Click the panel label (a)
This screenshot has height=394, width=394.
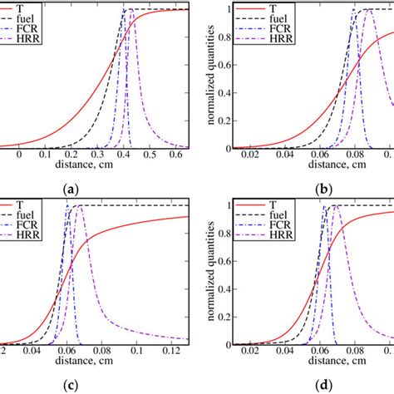71,189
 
